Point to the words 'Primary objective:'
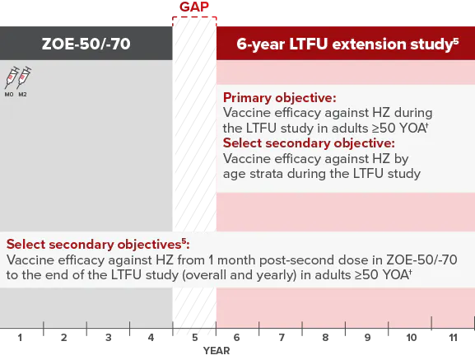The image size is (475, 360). click(x=276, y=96)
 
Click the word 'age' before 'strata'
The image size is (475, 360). click(x=235, y=173)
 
